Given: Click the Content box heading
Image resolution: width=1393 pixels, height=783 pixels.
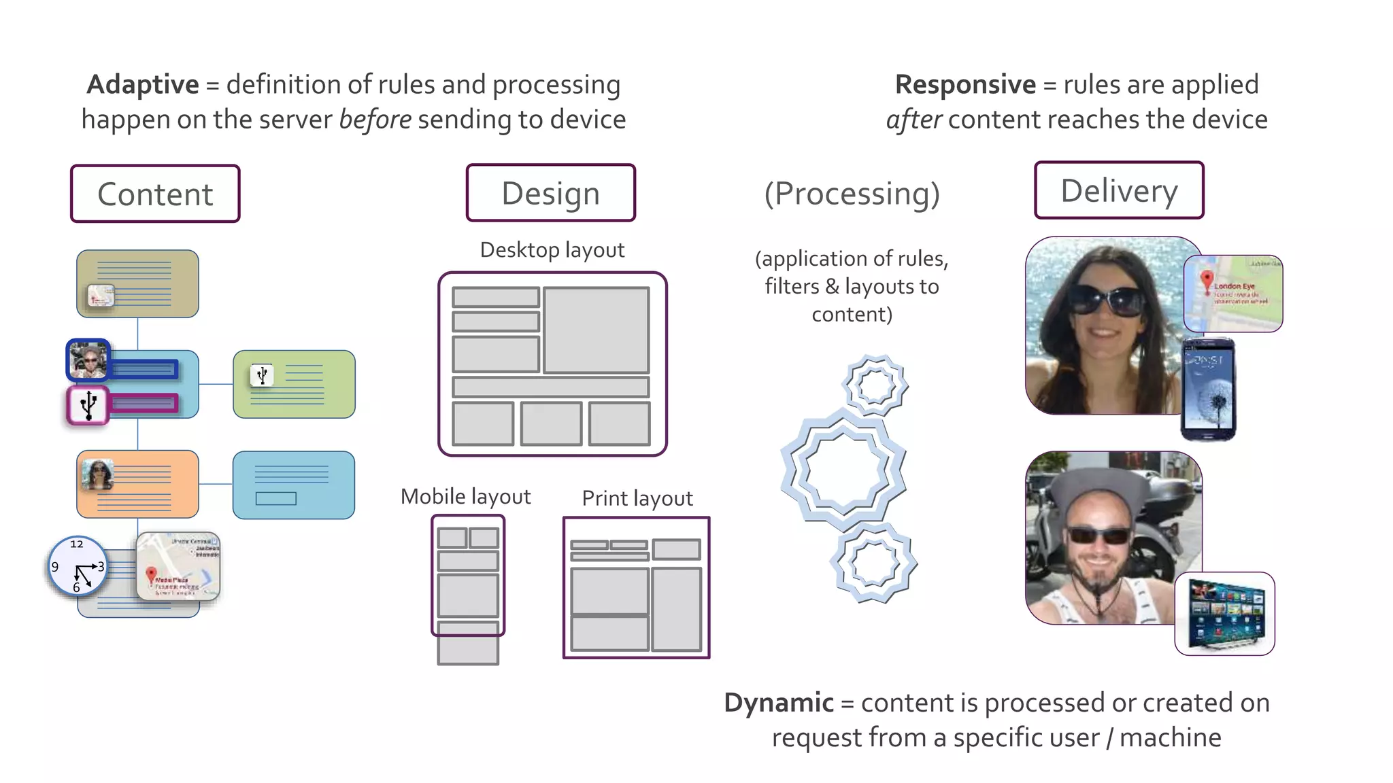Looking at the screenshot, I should click(x=155, y=194).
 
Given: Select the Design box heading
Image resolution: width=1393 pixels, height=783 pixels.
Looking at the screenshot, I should click(x=550, y=193).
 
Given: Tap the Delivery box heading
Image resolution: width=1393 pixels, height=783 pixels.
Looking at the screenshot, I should click(x=1119, y=191).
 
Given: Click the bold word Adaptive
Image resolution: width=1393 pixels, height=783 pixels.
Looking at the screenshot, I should click(x=143, y=85).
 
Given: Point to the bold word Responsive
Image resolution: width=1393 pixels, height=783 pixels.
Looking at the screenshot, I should click(x=964, y=85).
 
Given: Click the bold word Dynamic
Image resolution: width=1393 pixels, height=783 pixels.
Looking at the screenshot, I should click(x=778, y=703).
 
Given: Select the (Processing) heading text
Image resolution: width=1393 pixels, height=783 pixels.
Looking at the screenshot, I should click(x=852, y=194).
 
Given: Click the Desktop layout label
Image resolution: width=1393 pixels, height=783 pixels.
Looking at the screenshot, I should click(x=552, y=250).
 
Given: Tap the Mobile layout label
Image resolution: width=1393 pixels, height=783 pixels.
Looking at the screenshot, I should click(x=465, y=497).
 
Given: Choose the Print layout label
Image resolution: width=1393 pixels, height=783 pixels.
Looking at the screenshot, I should click(x=637, y=499).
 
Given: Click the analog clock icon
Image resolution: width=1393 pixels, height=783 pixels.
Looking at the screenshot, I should click(x=78, y=566).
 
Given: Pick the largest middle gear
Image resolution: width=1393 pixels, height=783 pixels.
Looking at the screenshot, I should click(x=843, y=469).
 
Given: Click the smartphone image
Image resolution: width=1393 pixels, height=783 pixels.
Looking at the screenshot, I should click(x=1209, y=389).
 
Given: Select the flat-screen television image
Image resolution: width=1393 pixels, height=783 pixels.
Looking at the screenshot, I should click(x=1225, y=614).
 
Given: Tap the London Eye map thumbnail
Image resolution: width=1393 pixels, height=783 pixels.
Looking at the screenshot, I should click(x=1233, y=294).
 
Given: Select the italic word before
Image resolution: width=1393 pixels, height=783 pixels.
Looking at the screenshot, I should click(x=375, y=120).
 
